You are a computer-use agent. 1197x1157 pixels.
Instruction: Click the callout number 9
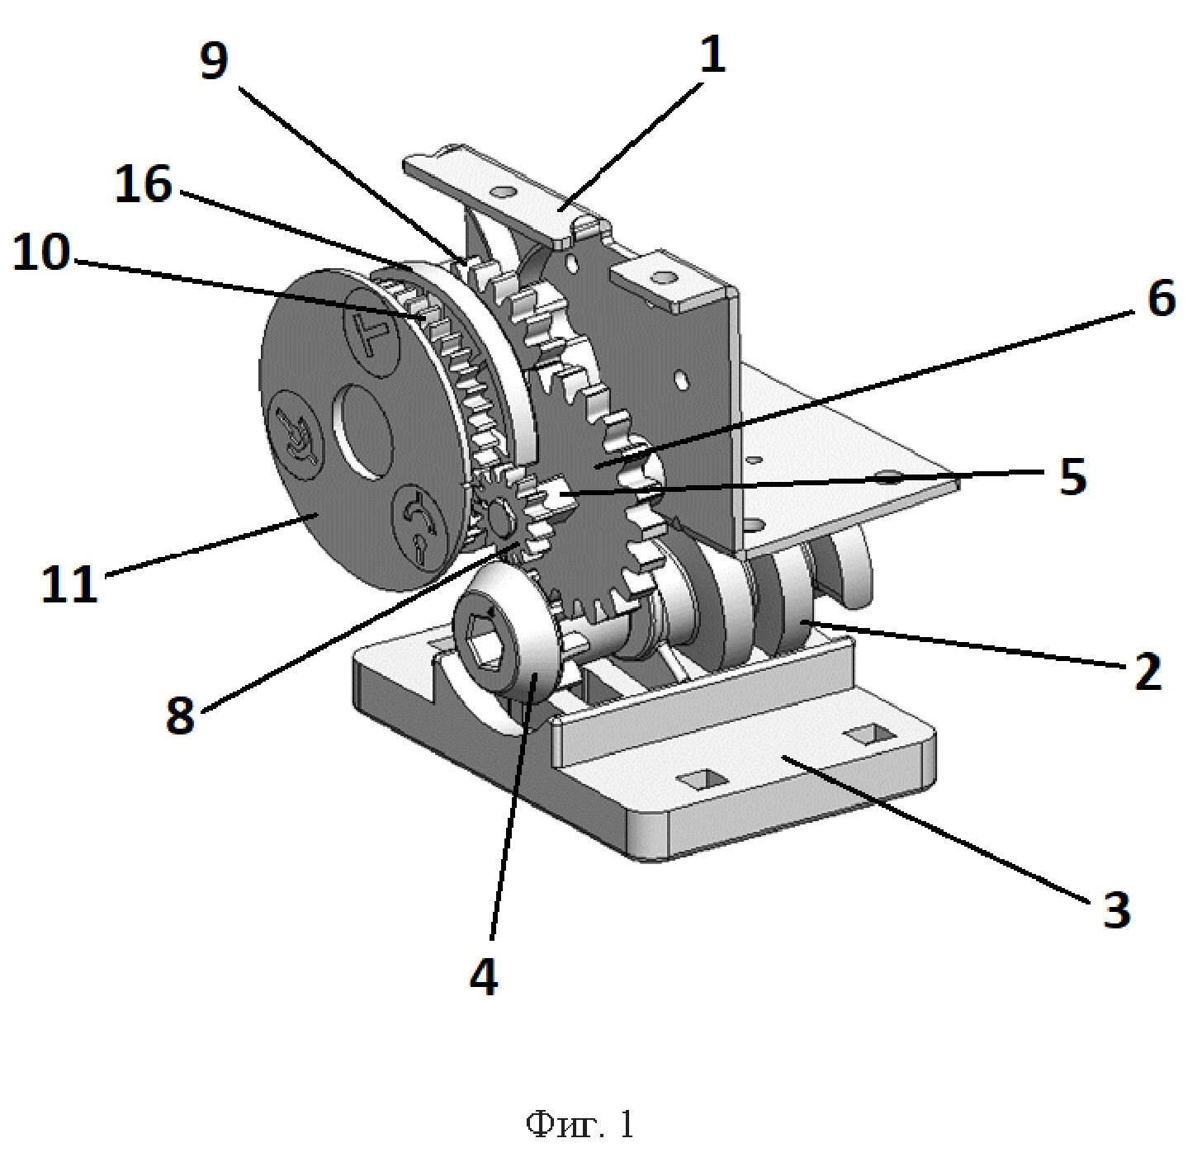[x=214, y=61]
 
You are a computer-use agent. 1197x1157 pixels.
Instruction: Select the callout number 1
[x=713, y=54]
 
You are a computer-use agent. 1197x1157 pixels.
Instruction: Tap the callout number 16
[x=143, y=184]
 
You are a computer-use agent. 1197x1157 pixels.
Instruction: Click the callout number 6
[x=1161, y=298]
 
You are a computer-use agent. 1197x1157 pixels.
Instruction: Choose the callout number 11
[x=69, y=583]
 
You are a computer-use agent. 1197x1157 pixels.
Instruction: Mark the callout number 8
[x=180, y=714]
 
